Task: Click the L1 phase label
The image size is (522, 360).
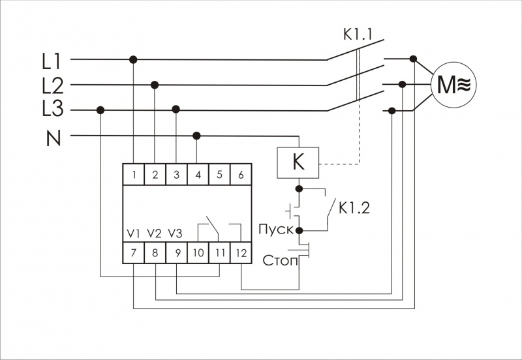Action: coord(52,62)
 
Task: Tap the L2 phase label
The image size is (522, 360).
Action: coord(52,85)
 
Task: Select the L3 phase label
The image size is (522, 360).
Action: coord(52,110)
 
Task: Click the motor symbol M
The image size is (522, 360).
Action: coord(453,85)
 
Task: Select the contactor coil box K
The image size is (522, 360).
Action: coord(298,162)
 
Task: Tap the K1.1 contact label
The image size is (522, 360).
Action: coord(358,34)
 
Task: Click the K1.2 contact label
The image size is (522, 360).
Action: coord(355,209)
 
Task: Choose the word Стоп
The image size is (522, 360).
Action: coord(280,262)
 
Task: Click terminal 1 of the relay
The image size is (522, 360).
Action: coord(134,174)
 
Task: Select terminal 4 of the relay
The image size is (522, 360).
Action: coord(198,174)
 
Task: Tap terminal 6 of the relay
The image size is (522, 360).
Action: coord(241,174)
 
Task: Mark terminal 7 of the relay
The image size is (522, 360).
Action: coord(134,252)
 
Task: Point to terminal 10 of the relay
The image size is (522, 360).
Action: coord(198,252)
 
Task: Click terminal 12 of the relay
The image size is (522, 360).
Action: coord(241,252)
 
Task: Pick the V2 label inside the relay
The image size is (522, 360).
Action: coord(155,233)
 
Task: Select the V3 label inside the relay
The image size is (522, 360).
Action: coord(176,233)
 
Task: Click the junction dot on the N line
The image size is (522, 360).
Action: coord(197,136)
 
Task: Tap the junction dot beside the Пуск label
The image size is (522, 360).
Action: coord(299,230)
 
